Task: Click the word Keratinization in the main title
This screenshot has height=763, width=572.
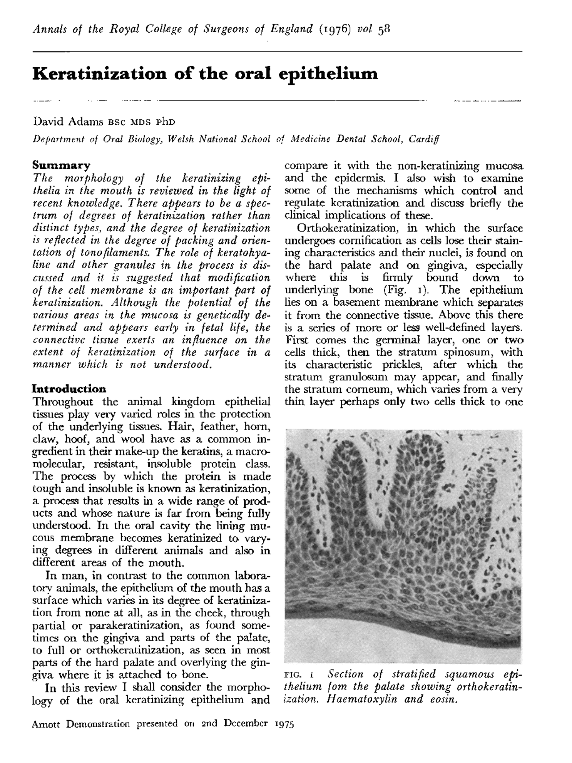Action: click(99, 73)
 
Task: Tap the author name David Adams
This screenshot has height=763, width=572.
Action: click(68, 122)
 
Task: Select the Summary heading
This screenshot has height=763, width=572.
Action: click(62, 165)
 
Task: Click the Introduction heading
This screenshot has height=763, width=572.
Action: click(70, 388)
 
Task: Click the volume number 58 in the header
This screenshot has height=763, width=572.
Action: click(385, 30)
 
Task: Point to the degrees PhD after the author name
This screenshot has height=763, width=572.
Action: click(166, 122)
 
